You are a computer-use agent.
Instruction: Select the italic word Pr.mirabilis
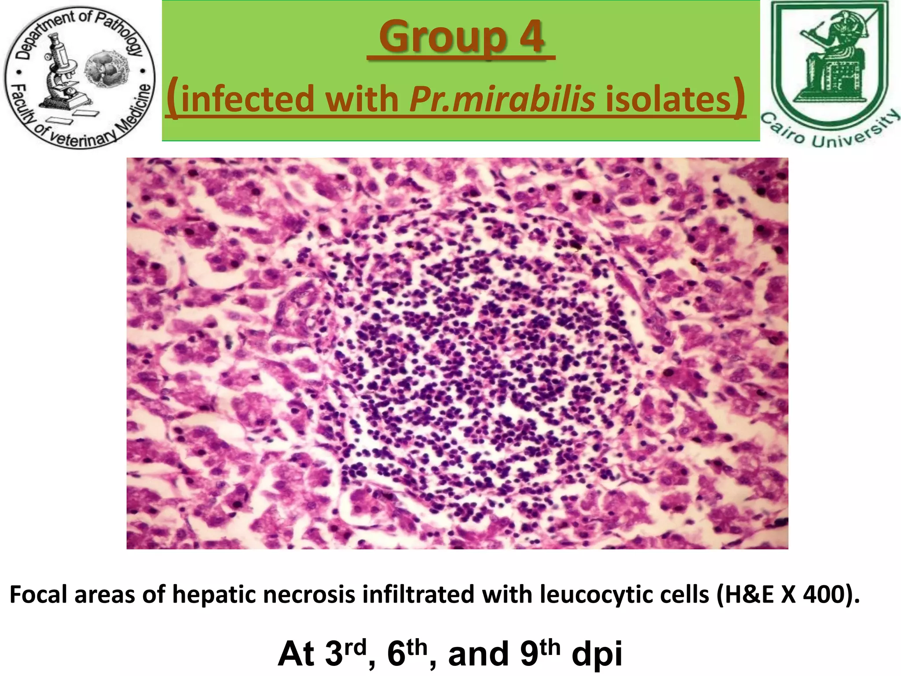pos(502,99)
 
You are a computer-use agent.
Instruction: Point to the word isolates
pos(668,99)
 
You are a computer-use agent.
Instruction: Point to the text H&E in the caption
pos(748,595)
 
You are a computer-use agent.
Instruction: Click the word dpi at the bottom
pos(597,654)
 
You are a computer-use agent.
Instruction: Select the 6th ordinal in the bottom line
pos(407,653)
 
